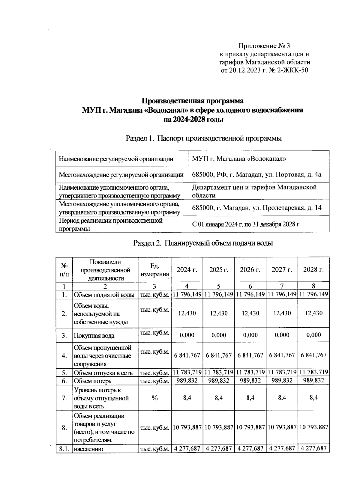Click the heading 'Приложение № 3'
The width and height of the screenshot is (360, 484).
tap(265, 46)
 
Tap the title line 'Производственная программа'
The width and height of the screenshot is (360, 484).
tap(192, 101)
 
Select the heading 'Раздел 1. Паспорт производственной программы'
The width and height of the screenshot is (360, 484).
tap(204, 138)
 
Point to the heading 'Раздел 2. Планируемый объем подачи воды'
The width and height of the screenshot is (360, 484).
tap(203, 243)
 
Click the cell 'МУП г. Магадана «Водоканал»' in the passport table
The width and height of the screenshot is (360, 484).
tap(239, 159)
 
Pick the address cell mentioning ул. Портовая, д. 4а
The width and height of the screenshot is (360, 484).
tap(256, 174)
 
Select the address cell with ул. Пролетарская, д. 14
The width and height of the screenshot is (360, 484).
tap(257, 207)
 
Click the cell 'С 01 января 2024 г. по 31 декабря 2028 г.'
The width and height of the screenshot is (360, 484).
tap(246, 224)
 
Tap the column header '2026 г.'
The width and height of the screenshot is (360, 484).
tap(250, 269)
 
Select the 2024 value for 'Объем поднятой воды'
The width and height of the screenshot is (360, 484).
tap(187, 295)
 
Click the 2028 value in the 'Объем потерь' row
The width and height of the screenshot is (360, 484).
tap(313, 381)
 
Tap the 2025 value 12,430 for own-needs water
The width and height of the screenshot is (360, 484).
tap(219, 313)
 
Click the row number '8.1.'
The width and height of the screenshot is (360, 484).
tap(64, 449)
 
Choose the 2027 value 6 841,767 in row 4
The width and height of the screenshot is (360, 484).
tap(282, 355)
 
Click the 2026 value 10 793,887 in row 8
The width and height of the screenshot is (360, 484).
tap(250, 427)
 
